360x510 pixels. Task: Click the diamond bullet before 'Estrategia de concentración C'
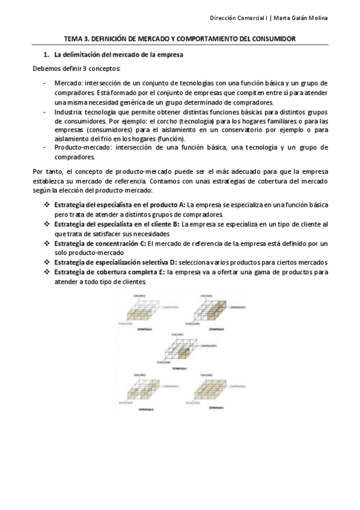(46, 243)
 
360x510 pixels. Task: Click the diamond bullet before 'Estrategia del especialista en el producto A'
(46, 205)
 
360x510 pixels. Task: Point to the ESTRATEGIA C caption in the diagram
(180, 368)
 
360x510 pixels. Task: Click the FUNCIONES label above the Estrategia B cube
(206, 296)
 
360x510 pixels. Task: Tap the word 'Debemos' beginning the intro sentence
(45, 69)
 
